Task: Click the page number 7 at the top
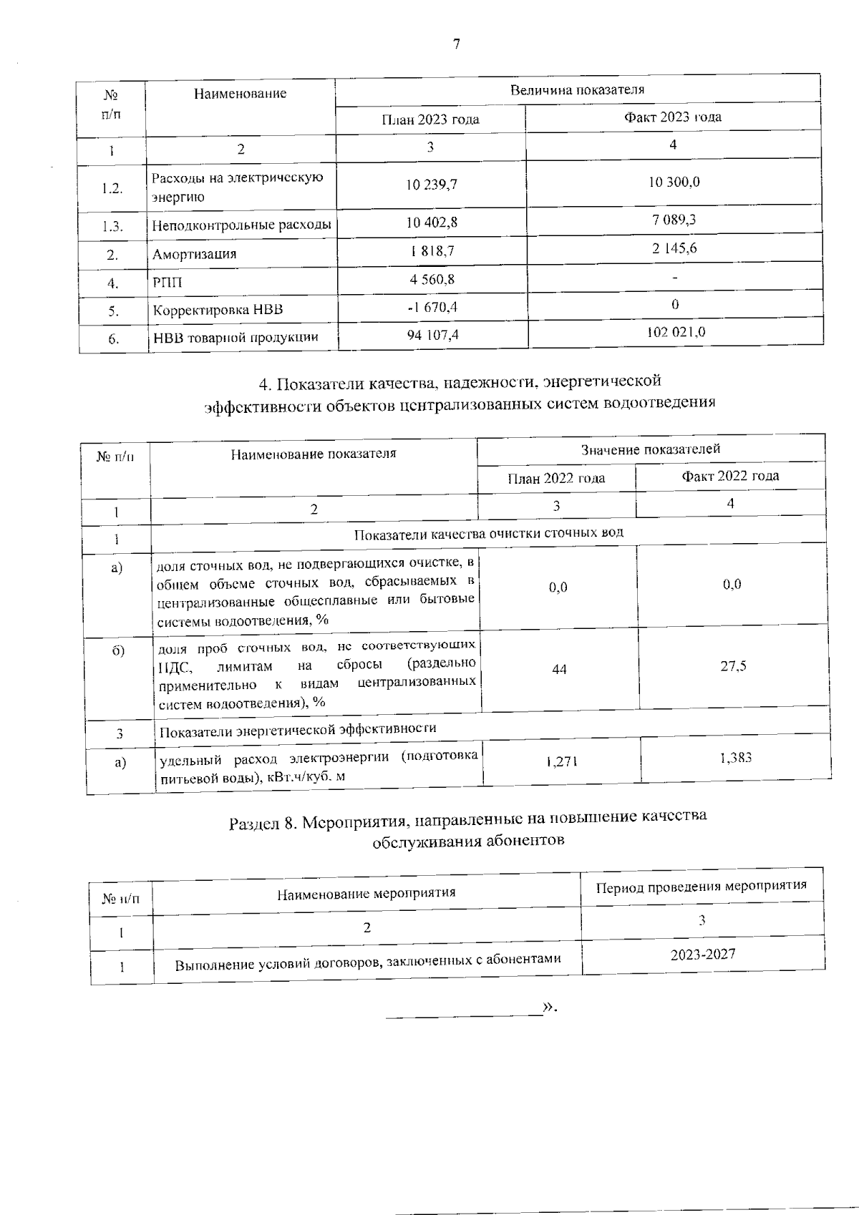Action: click(456, 44)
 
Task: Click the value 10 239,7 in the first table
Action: click(431, 185)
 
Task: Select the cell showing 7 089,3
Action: click(674, 220)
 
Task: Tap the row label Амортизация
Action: click(194, 254)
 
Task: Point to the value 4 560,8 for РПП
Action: click(432, 279)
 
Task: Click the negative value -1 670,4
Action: click(432, 307)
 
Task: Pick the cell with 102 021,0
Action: click(676, 332)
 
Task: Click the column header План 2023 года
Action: click(430, 119)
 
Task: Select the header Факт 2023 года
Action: click(672, 117)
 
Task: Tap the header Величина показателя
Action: click(577, 90)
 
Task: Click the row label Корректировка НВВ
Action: click(218, 310)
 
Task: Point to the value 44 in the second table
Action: click(559, 669)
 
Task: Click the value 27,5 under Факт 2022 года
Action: click(733, 666)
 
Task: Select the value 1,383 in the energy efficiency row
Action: click(736, 758)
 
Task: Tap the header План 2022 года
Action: click(556, 478)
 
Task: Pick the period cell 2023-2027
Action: click(703, 954)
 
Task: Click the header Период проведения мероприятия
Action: click(702, 886)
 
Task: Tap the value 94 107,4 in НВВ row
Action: click(433, 334)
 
